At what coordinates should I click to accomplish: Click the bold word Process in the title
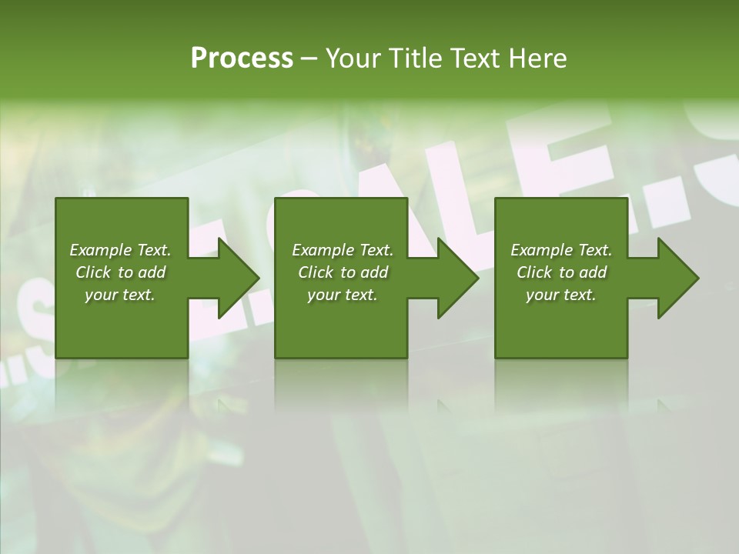pos(242,58)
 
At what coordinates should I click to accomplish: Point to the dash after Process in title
pos(309,59)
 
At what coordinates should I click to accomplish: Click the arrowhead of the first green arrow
pos(239,278)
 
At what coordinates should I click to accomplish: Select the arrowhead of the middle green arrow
pos(458,278)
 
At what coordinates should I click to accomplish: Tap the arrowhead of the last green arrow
pos(677,278)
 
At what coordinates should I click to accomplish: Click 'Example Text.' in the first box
pos(120,250)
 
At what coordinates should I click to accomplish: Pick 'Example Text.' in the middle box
pos(343,250)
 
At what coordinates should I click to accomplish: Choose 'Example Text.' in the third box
pos(561,250)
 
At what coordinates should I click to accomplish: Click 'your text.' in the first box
pos(120,295)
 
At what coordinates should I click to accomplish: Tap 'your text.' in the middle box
pos(343,295)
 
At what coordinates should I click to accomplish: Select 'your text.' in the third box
pos(561,295)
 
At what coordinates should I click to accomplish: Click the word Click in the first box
pos(93,272)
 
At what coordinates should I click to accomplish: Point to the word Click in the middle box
pos(316,272)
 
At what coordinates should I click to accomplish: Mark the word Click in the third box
pos(534,272)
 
